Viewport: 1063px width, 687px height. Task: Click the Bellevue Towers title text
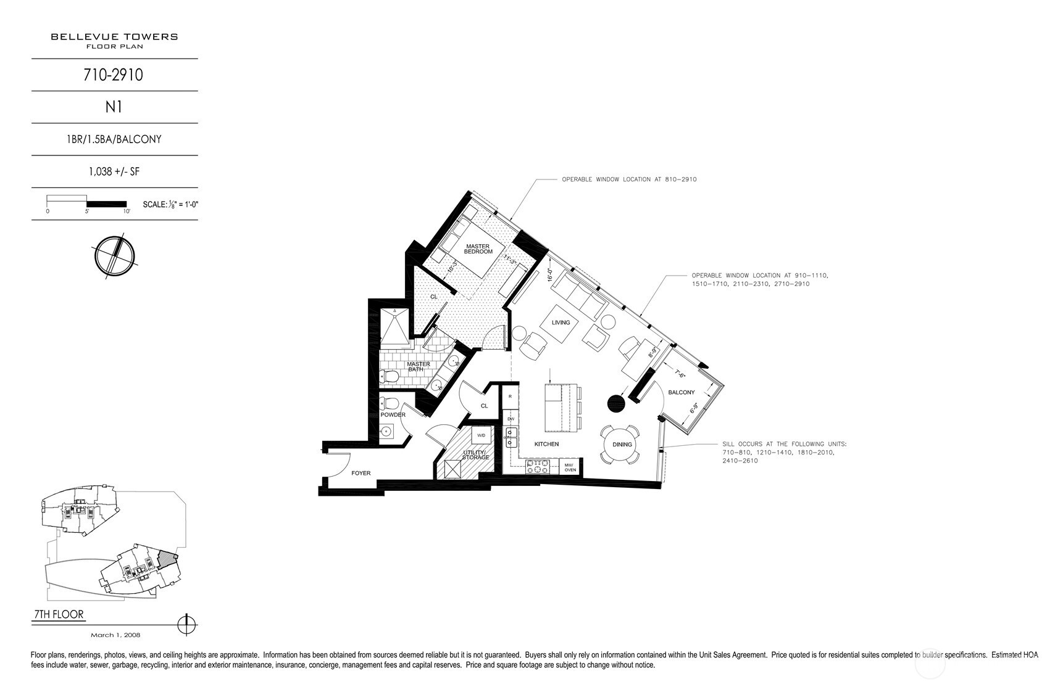114,36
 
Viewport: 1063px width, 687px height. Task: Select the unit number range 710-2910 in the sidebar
114,75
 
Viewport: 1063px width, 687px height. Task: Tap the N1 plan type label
114,107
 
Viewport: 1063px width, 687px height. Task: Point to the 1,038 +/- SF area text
114,171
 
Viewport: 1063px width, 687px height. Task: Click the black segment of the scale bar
106,204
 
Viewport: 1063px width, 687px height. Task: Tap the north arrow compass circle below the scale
114,255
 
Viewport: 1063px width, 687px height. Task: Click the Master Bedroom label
478,249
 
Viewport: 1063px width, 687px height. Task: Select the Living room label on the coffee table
561,323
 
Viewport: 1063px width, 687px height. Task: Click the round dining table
622,445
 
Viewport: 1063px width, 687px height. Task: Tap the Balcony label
681,392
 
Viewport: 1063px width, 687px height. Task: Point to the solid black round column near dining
616,403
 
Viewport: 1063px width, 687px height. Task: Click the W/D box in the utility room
481,435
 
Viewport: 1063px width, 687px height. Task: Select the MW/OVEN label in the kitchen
569,467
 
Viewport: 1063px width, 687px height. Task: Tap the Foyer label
361,473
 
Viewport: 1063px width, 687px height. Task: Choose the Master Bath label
418,366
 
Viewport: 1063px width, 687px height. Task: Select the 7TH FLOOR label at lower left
58,615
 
